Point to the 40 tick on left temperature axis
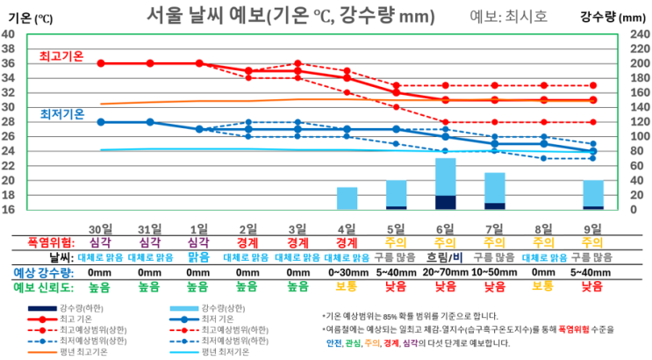pos(8,34)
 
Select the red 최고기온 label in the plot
pos(61,55)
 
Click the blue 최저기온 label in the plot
pos(61,114)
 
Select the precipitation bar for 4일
pos(347,198)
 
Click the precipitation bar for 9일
pos(593,194)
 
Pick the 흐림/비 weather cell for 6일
pos(446,257)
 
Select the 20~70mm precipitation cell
pos(446,272)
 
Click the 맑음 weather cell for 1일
pos(198,257)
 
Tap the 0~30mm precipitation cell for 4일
pos(347,272)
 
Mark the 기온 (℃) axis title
pos(25,16)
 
